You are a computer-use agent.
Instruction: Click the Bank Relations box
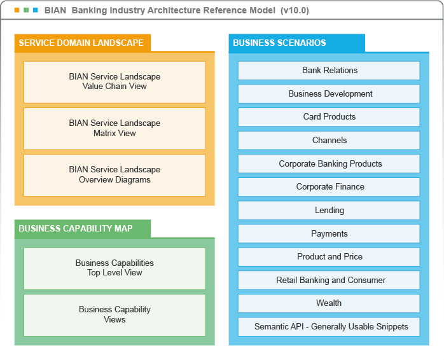click(x=329, y=71)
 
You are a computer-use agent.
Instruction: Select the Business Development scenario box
click(x=329, y=94)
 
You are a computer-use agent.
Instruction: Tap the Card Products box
click(x=329, y=117)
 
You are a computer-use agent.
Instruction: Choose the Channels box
click(x=329, y=141)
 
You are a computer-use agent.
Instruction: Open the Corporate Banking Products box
click(x=329, y=164)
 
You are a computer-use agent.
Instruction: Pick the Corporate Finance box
click(x=329, y=187)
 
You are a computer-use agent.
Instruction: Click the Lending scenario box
click(x=329, y=211)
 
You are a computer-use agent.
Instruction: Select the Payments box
click(x=329, y=234)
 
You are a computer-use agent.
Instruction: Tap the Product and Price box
click(x=329, y=257)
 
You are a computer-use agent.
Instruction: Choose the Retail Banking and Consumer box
click(x=329, y=280)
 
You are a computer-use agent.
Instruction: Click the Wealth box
click(x=329, y=303)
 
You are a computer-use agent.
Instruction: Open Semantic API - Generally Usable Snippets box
click(x=329, y=327)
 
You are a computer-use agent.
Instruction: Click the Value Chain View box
click(x=114, y=82)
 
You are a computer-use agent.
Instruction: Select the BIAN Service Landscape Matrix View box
click(x=114, y=128)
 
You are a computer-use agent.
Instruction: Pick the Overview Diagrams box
click(x=114, y=175)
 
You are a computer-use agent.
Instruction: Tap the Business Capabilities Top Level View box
click(x=114, y=268)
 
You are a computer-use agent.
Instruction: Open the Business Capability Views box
click(x=114, y=315)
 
